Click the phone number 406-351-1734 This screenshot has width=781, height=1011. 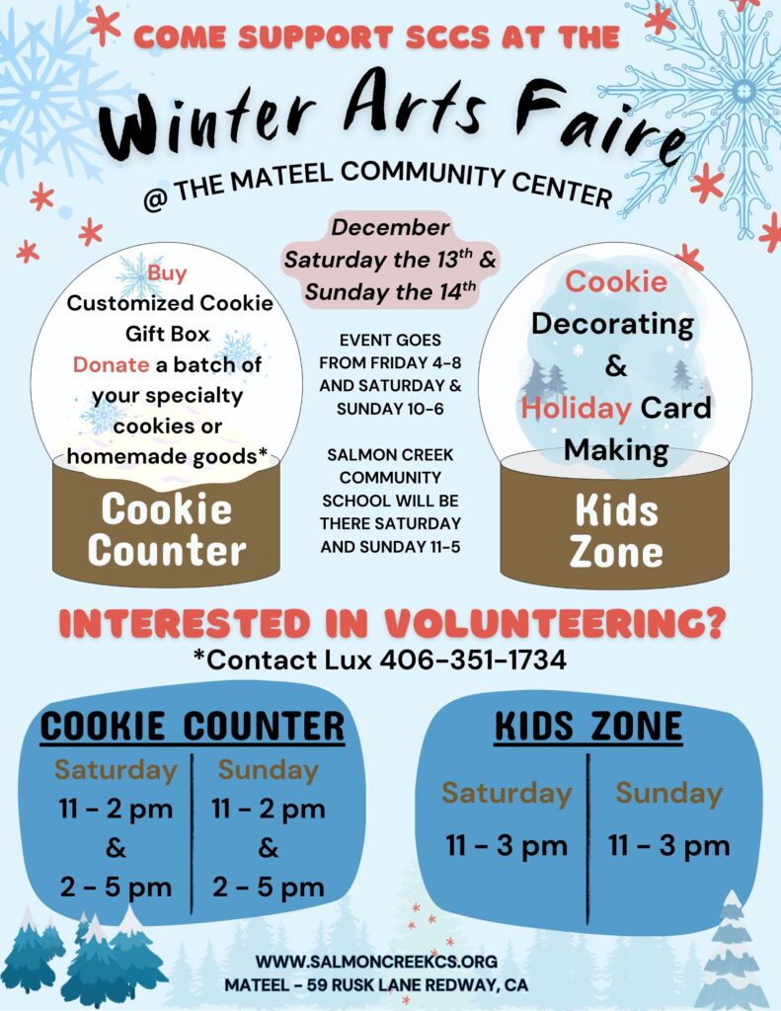click(473, 660)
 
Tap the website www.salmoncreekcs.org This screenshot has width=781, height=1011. click(375, 961)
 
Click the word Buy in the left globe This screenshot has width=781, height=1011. click(168, 272)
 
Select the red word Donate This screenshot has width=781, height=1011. click(112, 364)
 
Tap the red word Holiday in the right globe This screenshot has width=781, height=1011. click(576, 407)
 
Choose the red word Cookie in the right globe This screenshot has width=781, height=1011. click(615, 281)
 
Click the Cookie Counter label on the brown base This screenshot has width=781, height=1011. click(167, 529)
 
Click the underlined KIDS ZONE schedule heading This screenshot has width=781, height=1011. click(587, 727)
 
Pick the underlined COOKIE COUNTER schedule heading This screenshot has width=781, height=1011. click(192, 727)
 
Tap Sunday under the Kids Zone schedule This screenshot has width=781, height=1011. click(668, 793)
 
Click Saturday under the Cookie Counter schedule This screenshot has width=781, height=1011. click(116, 769)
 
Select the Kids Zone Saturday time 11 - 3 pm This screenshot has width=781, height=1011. click(507, 845)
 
